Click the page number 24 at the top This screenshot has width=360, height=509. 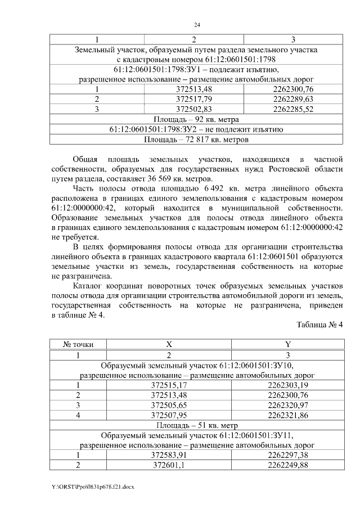point(197,25)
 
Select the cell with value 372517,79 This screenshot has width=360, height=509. point(194,98)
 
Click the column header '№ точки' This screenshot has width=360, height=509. point(78,344)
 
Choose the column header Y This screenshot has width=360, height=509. point(287,344)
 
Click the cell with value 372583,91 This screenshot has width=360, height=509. point(169,455)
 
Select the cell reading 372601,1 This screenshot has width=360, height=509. point(169,465)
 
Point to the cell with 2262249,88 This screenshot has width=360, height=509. point(287,465)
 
